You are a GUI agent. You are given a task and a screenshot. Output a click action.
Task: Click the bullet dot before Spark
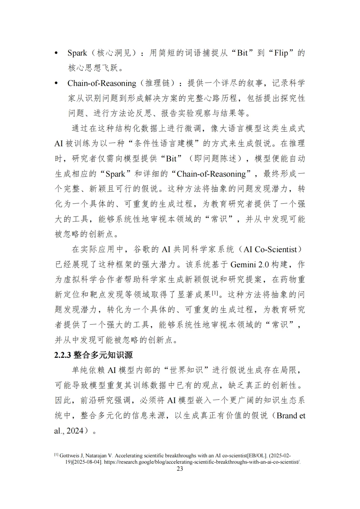pos(56,53)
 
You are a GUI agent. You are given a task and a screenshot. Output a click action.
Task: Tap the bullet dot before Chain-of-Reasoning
pos(56,83)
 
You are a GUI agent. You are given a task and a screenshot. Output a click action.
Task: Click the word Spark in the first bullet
pos(77,53)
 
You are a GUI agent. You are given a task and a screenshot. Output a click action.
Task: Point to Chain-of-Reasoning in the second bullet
pos(102,83)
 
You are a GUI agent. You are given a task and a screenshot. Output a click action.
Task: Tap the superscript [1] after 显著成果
pos(215,293)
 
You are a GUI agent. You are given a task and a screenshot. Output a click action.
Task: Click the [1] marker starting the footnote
pos(56,455)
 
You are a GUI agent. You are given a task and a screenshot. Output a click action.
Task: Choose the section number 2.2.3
pos(63,355)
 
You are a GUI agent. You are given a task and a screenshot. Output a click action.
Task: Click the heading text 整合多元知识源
pos(103,355)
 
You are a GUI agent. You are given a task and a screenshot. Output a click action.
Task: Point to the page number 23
pos(180,469)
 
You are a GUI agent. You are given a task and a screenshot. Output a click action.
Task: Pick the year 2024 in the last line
pos(75,431)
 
